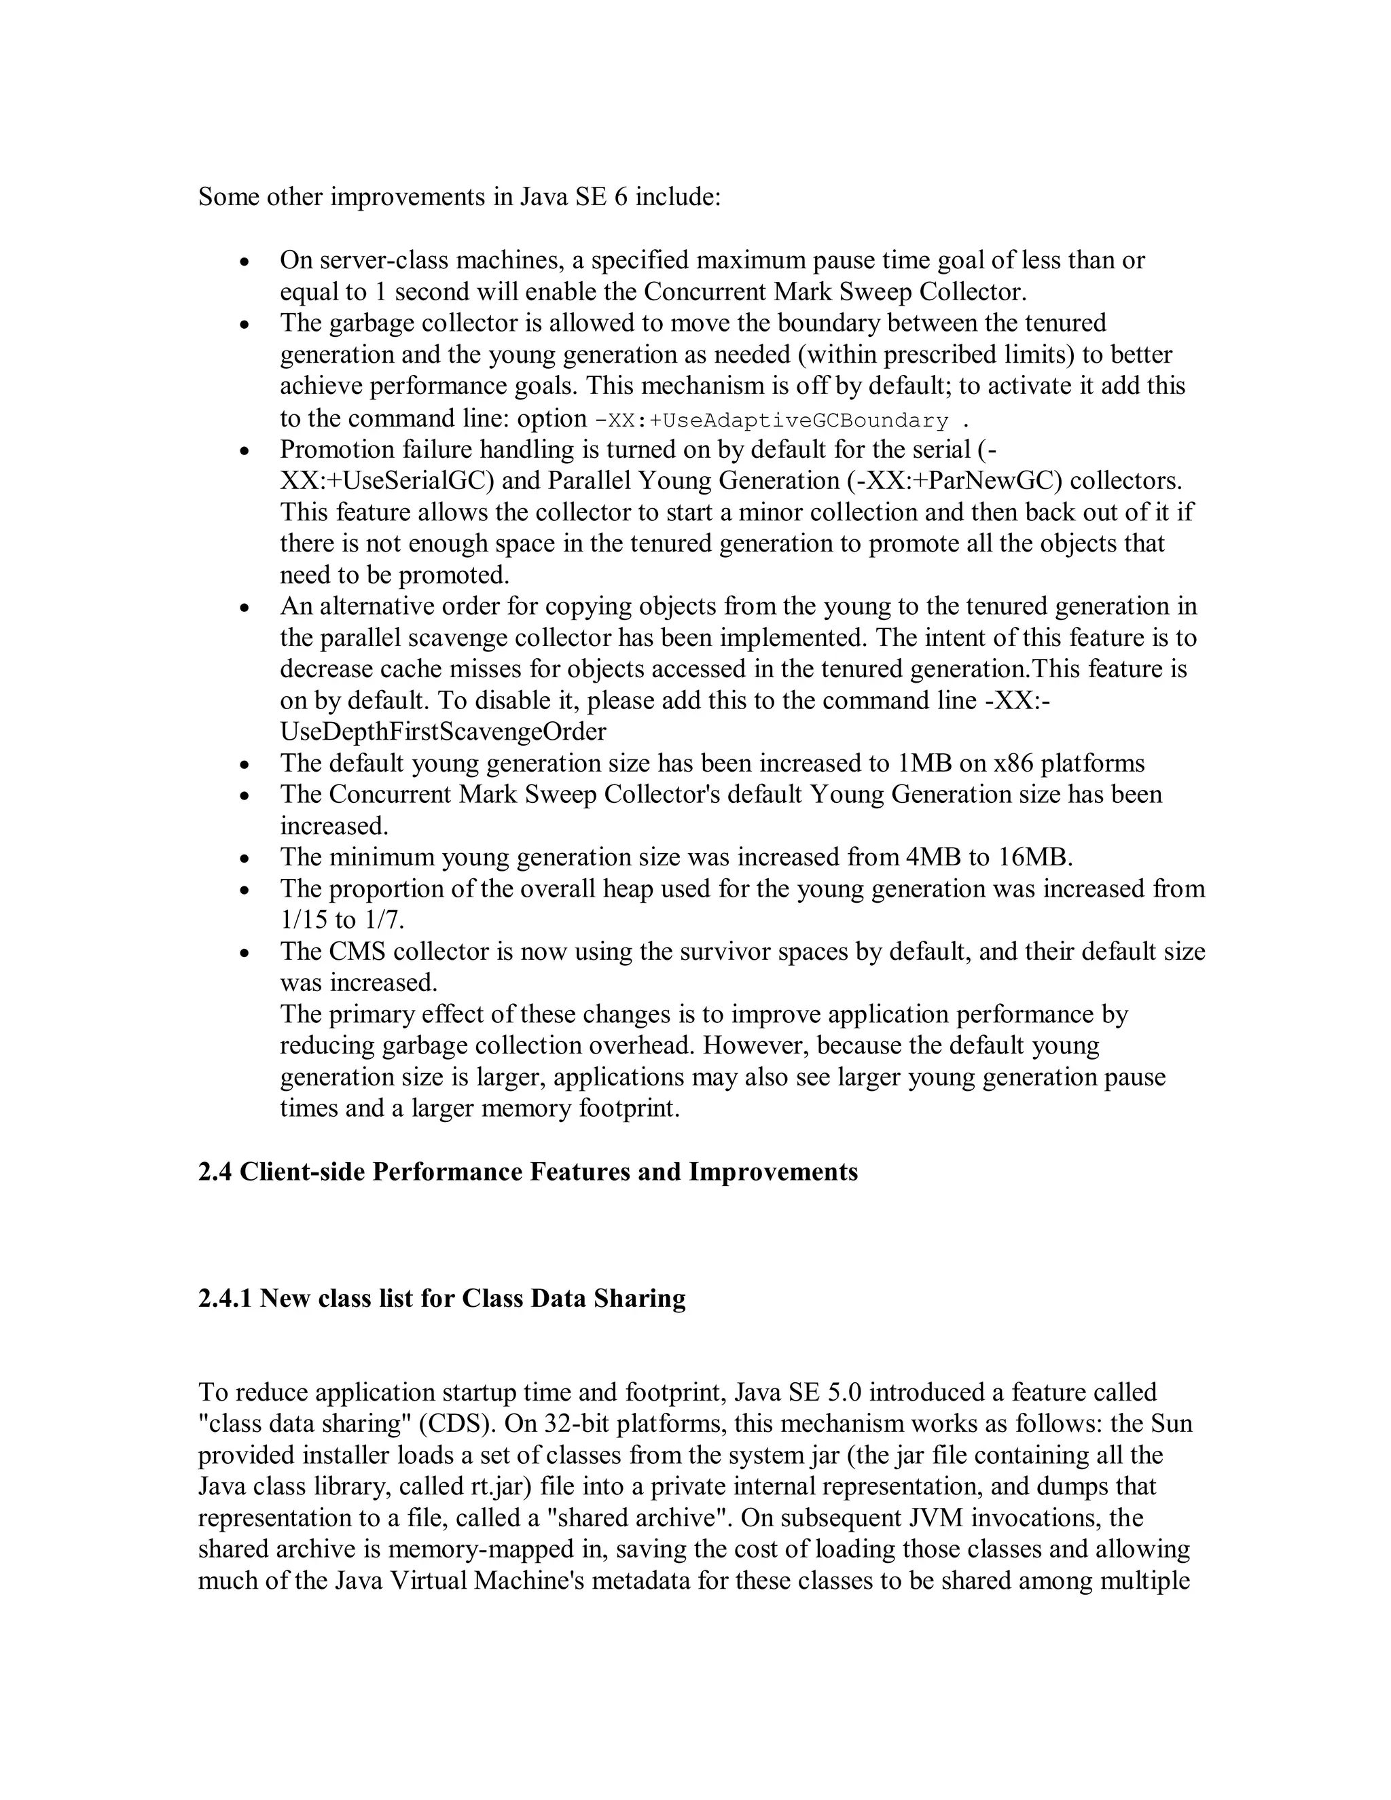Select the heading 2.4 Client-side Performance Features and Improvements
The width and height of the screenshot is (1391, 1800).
coord(527,1172)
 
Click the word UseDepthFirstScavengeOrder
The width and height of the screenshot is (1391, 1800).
coord(443,732)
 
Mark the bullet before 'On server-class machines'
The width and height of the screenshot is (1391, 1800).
coord(244,263)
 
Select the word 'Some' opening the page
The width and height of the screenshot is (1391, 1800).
coord(228,198)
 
